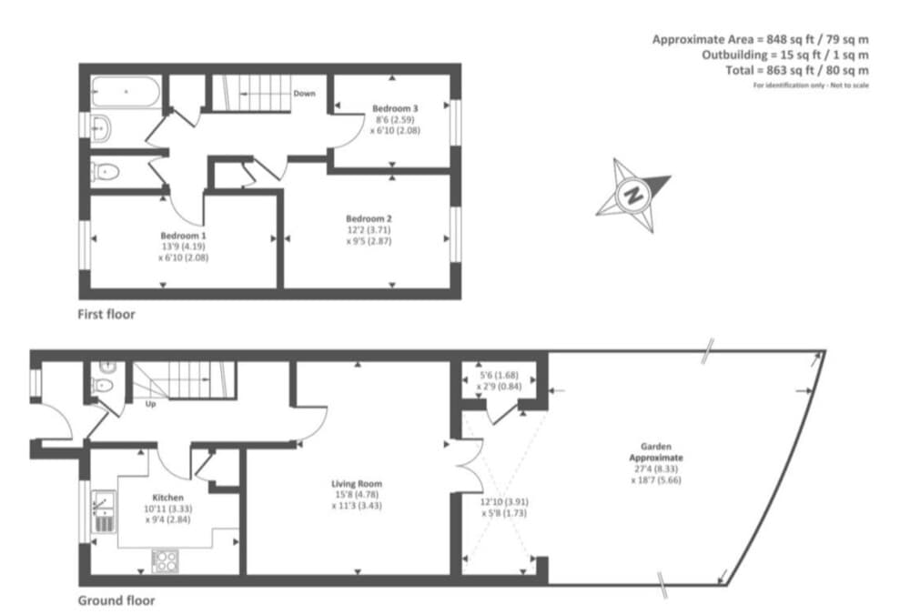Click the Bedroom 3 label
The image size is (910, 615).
pyautogui.click(x=395, y=108)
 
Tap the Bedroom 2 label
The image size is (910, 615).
pyautogui.click(x=369, y=218)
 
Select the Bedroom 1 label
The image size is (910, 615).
pyautogui.click(x=184, y=236)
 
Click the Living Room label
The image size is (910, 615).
pyautogui.click(x=357, y=484)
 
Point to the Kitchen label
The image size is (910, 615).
pyautogui.click(x=167, y=498)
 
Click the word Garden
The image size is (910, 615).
pyautogui.click(x=656, y=447)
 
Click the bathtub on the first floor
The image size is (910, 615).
pyautogui.click(x=126, y=92)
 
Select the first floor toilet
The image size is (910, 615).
pyautogui.click(x=105, y=172)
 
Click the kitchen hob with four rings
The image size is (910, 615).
pyautogui.click(x=166, y=560)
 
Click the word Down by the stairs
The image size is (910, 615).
pyautogui.click(x=304, y=94)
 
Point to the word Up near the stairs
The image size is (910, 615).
pyautogui.click(x=150, y=405)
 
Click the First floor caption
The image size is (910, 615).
pyautogui.click(x=106, y=315)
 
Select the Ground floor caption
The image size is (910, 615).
pyautogui.click(x=116, y=600)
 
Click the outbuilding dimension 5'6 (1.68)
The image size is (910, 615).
pyautogui.click(x=499, y=376)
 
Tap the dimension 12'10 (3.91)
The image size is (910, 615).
pyautogui.click(x=504, y=502)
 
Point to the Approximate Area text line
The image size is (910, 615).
pyautogui.click(x=760, y=39)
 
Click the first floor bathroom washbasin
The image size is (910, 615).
pyautogui.click(x=102, y=127)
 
